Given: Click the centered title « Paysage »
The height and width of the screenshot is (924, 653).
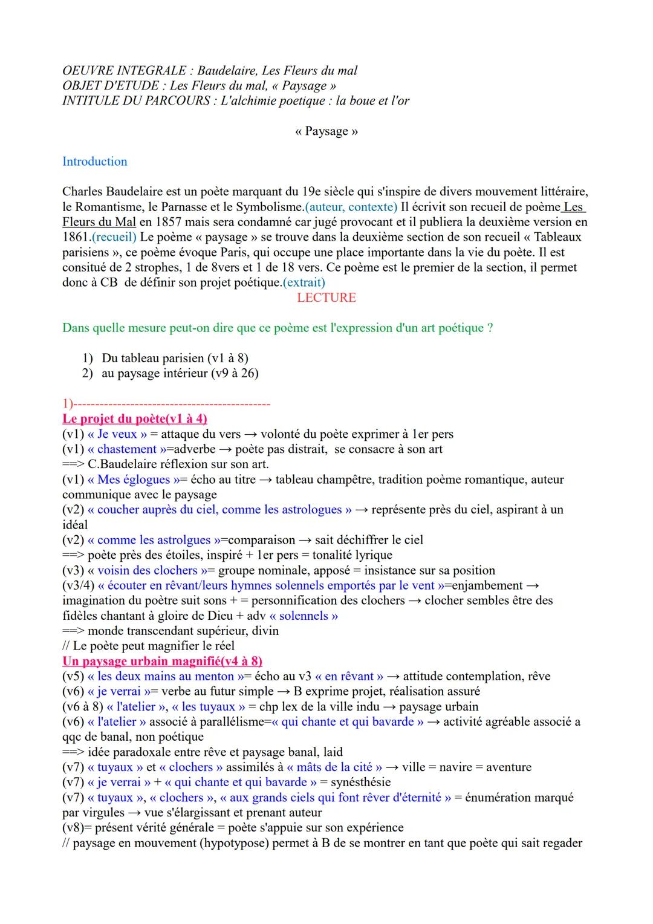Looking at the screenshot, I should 326,131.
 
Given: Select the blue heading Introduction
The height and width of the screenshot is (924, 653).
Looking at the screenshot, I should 95,161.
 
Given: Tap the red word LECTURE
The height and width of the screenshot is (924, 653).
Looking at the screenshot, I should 326,298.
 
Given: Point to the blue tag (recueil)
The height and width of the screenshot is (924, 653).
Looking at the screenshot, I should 114,237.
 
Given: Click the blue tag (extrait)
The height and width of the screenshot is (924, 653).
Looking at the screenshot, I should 304,282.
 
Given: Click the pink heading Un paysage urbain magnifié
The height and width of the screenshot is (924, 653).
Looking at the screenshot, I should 162,661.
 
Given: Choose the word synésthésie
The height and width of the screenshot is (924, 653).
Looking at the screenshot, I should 360,782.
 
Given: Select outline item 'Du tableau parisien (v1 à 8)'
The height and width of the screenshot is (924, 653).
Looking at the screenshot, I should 175,358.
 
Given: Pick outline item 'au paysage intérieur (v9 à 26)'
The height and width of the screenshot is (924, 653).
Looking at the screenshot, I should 180,373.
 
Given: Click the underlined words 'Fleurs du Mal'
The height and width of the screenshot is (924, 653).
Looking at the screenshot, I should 99,222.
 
